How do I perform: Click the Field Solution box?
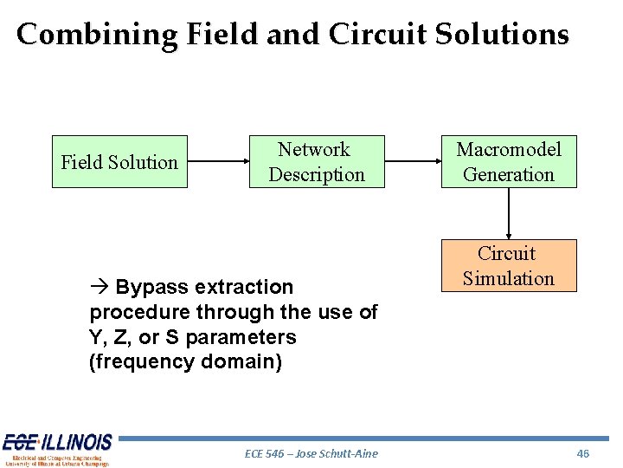click(x=119, y=162)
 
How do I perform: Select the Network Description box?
click(x=316, y=162)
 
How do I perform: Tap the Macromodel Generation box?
click(x=508, y=162)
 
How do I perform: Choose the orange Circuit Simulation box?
click(x=508, y=266)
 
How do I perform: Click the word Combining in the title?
click(x=96, y=35)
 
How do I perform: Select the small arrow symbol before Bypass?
click(x=99, y=287)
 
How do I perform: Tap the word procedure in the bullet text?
click(x=135, y=312)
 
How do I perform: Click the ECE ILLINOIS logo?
click(x=57, y=449)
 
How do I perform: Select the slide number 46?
click(x=582, y=453)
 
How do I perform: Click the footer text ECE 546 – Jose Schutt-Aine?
click(x=311, y=453)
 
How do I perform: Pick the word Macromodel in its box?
click(x=509, y=150)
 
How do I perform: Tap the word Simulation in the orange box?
click(x=508, y=278)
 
